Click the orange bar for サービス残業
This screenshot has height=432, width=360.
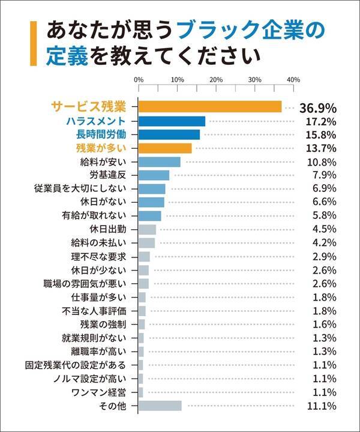point(210,107)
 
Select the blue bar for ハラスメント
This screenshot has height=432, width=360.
point(172,121)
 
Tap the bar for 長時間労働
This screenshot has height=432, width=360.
point(169,134)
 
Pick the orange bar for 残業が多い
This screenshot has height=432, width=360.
point(165,148)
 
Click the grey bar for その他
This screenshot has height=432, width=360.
point(160,406)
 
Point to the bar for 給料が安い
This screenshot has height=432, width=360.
point(160,162)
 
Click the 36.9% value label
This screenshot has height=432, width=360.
point(317,107)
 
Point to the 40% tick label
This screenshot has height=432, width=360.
point(293,80)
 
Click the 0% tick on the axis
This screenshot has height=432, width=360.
point(139,80)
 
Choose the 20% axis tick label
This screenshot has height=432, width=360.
point(216,80)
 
